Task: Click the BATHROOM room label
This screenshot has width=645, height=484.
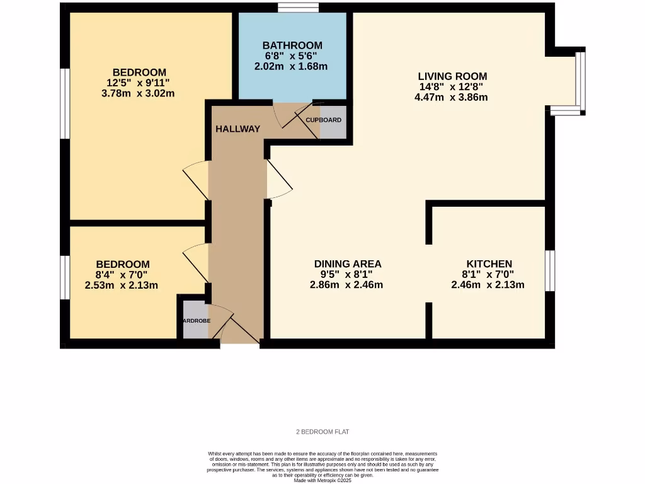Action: (292, 45)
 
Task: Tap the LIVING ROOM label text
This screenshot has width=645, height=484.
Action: (454, 76)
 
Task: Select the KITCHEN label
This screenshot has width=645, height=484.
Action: (489, 263)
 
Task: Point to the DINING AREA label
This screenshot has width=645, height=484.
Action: (348, 263)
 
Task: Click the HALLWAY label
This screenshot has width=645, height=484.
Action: (237, 129)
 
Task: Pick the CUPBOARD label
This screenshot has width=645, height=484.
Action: (324, 120)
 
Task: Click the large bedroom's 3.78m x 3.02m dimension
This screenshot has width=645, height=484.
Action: (139, 93)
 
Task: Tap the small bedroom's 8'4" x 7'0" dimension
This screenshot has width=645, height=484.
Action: (122, 275)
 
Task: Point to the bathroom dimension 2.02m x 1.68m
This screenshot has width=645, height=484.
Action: (291, 66)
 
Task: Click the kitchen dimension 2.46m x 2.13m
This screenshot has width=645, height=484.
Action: (488, 285)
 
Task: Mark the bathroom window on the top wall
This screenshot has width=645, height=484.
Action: (298, 8)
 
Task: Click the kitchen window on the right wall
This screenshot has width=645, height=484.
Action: (549, 270)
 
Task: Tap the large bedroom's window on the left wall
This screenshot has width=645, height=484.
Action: (64, 103)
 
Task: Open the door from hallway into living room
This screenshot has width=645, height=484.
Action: (279, 179)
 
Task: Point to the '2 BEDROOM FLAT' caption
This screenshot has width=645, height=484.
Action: (322, 432)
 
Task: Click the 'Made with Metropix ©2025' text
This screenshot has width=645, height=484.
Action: (322, 480)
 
